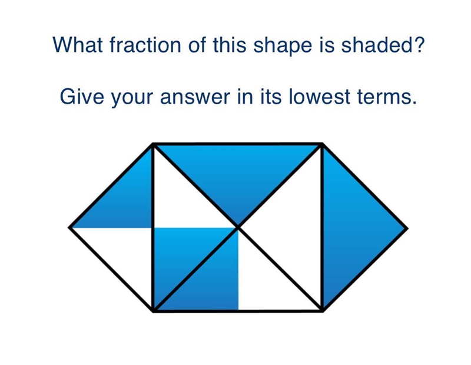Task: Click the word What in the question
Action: tap(78, 45)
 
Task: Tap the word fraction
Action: tap(145, 45)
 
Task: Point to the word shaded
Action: tap(377, 45)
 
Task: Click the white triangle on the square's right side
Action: tap(294, 228)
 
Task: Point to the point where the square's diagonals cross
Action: tap(238, 228)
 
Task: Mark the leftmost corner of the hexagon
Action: tap(69, 228)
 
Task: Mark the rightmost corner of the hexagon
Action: tap(407, 228)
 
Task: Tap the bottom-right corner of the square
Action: tap(322, 311)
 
